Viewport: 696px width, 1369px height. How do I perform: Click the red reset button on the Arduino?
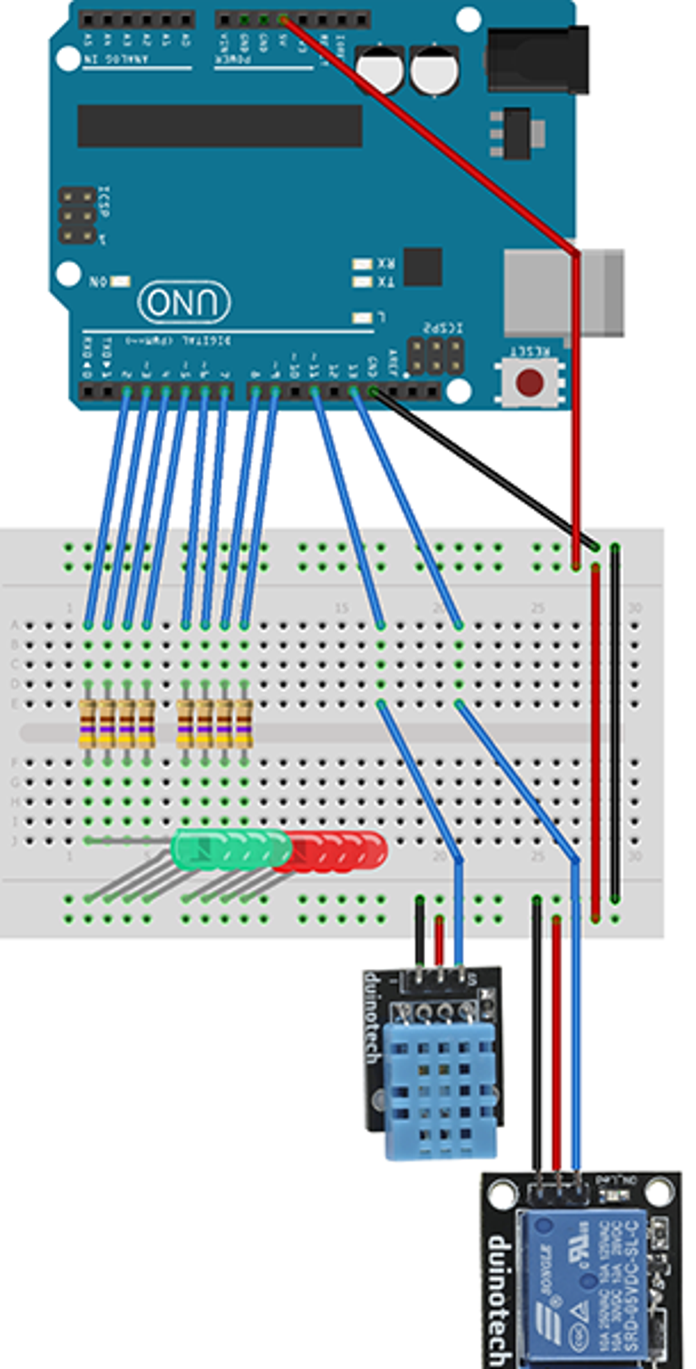point(530,382)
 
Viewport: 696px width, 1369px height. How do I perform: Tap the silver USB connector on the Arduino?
point(562,292)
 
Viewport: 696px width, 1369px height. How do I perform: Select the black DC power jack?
point(537,59)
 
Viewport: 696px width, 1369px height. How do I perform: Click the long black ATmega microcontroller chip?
point(219,126)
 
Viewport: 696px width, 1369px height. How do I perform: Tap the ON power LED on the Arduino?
point(120,281)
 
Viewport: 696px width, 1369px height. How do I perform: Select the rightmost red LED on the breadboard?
point(372,850)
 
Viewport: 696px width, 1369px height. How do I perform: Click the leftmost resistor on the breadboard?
point(87,724)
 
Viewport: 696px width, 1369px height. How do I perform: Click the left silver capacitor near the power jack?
point(379,68)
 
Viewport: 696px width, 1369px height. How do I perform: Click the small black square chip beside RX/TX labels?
point(422,266)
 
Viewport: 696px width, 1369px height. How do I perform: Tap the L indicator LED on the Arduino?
point(361,318)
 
